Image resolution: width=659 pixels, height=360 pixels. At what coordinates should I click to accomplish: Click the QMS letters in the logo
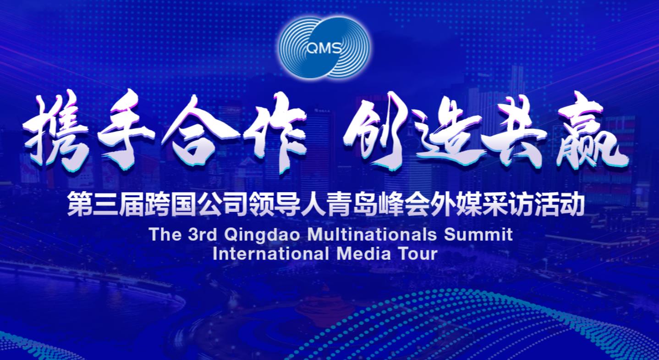click(324, 47)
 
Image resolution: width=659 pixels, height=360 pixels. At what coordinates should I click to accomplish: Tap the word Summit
click(478, 234)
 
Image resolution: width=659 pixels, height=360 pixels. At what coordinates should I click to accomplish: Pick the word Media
click(363, 254)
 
